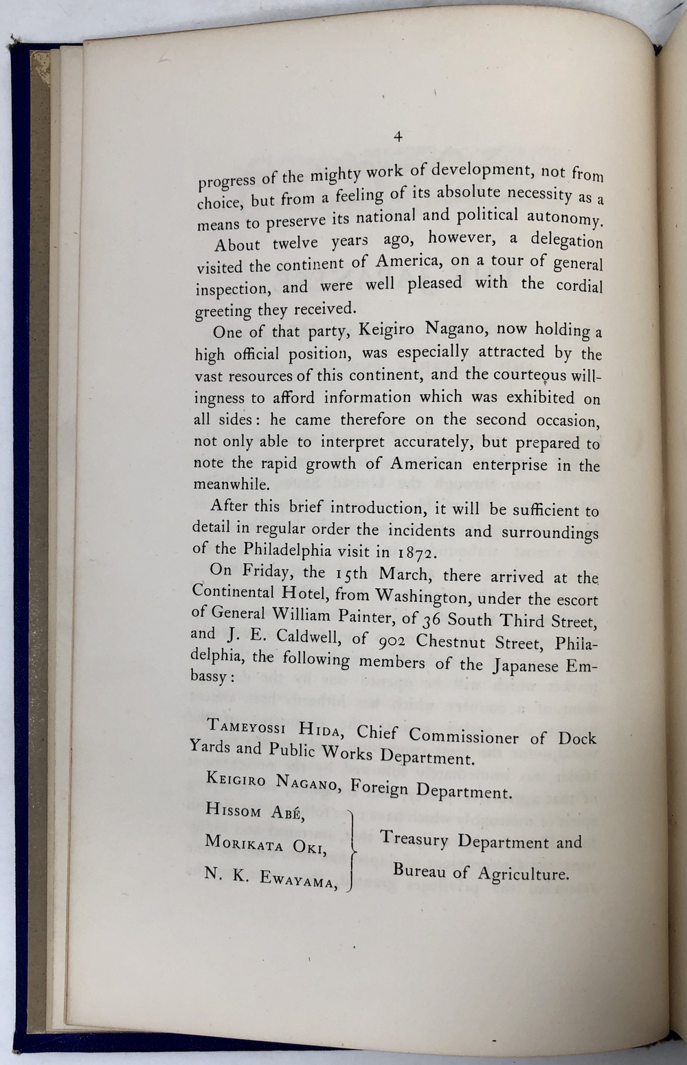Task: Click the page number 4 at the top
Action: [397, 137]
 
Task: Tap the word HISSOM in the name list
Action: [233, 811]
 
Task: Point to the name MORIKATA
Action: [244, 843]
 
